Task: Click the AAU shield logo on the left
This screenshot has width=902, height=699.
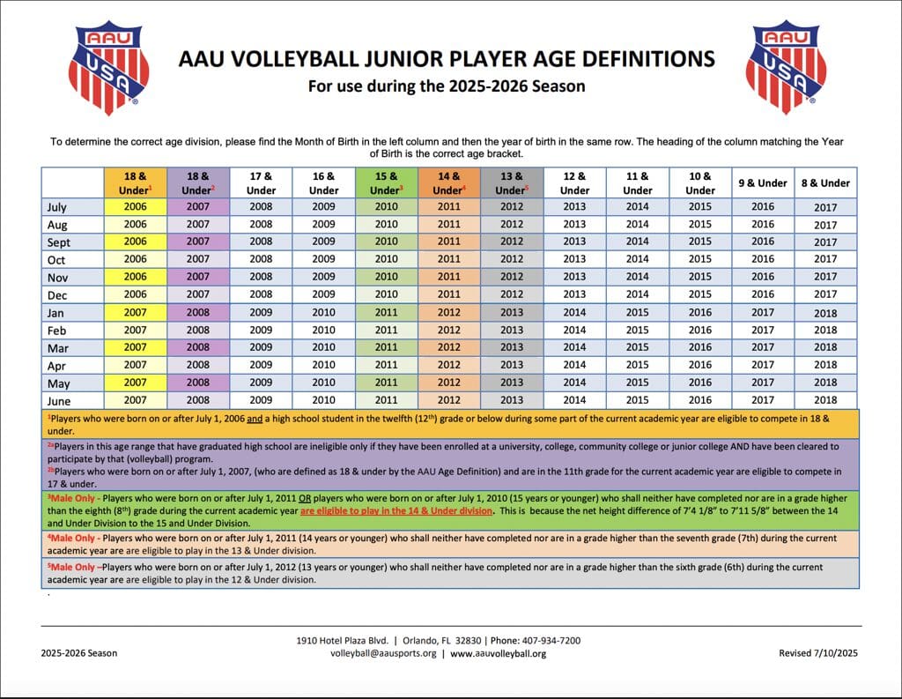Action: (108, 67)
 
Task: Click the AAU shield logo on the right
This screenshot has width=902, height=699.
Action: (786, 67)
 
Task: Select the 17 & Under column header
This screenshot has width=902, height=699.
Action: (261, 183)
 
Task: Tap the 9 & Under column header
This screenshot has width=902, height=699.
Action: (763, 183)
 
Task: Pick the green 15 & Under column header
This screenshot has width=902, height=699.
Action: (387, 183)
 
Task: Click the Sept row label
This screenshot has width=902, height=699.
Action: (59, 242)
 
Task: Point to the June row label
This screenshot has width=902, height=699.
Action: (59, 401)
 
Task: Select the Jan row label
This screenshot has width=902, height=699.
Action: (55, 313)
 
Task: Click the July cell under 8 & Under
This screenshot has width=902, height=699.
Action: (825, 207)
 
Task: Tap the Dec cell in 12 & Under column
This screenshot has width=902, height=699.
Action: (574, 294)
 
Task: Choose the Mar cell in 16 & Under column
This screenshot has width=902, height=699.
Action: (323, 347)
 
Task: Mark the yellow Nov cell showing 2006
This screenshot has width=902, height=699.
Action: (135, 277)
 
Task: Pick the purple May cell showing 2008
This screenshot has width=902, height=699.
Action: (198, 383)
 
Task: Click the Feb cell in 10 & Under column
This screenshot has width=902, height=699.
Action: (700, 330)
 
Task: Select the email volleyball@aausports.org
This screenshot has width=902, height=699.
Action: (383, 653)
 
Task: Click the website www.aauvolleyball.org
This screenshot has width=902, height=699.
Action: (499, 653)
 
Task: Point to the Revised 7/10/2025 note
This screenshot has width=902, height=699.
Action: (818, 653)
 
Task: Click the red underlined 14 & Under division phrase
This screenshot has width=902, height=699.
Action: (396, 510)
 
